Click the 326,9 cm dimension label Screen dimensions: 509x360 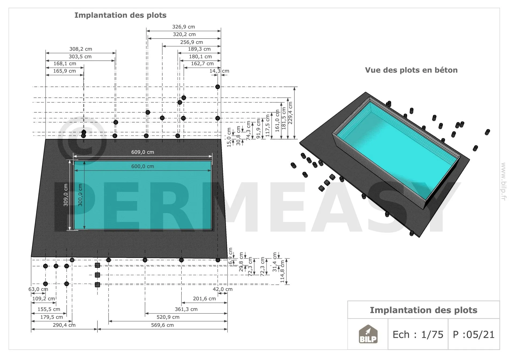coord(184,27)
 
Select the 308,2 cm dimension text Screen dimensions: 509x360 coord(81,49)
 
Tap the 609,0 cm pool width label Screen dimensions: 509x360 coord(143,152)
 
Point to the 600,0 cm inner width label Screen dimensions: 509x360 coord(143,166)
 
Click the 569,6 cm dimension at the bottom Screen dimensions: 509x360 coord(162,325)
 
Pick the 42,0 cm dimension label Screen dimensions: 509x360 coord(223,289)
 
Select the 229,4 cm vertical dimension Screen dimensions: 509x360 coord(290,113)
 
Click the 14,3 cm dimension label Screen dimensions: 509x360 coord(219,71)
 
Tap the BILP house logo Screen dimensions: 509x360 coord(368,334)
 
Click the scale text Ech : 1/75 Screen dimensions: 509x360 coord(418,335)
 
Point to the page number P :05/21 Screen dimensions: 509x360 coord(474,335)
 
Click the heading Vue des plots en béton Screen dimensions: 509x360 coord(411,70)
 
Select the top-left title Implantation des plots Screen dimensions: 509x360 coord(120,15)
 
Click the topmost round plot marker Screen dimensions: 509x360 coord(218,87)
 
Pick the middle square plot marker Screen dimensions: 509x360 coord(98,275)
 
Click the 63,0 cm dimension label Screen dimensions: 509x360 coord(38,289)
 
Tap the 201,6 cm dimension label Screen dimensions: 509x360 coord(204,299)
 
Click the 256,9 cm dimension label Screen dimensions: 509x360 coord(192,42)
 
